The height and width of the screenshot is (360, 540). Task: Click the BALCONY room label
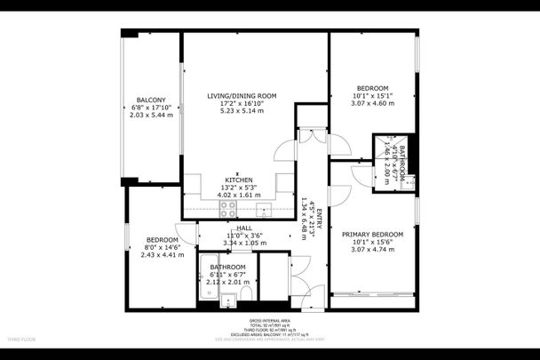click(x=149, y=99)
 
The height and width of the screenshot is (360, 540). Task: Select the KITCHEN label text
click(x=237, y=180)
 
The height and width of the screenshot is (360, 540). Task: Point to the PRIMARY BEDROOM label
click(x=373, y=234)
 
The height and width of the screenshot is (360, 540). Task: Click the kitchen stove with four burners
click(x=227, y=210)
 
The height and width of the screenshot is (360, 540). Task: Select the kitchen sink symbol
click(x=264, y=210)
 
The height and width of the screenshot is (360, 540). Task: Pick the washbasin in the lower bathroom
click(x=227, y=299)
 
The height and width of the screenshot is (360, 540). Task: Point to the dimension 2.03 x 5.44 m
click(x=149, y=115)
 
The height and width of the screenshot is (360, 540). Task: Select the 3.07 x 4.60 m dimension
click(x=373, y=104)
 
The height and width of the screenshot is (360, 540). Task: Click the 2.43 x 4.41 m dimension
click(x=163, y=254)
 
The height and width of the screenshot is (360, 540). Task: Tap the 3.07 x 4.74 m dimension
click(x=373, y=251)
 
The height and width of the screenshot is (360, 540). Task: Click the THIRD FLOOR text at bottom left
click(x=21, y=340)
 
